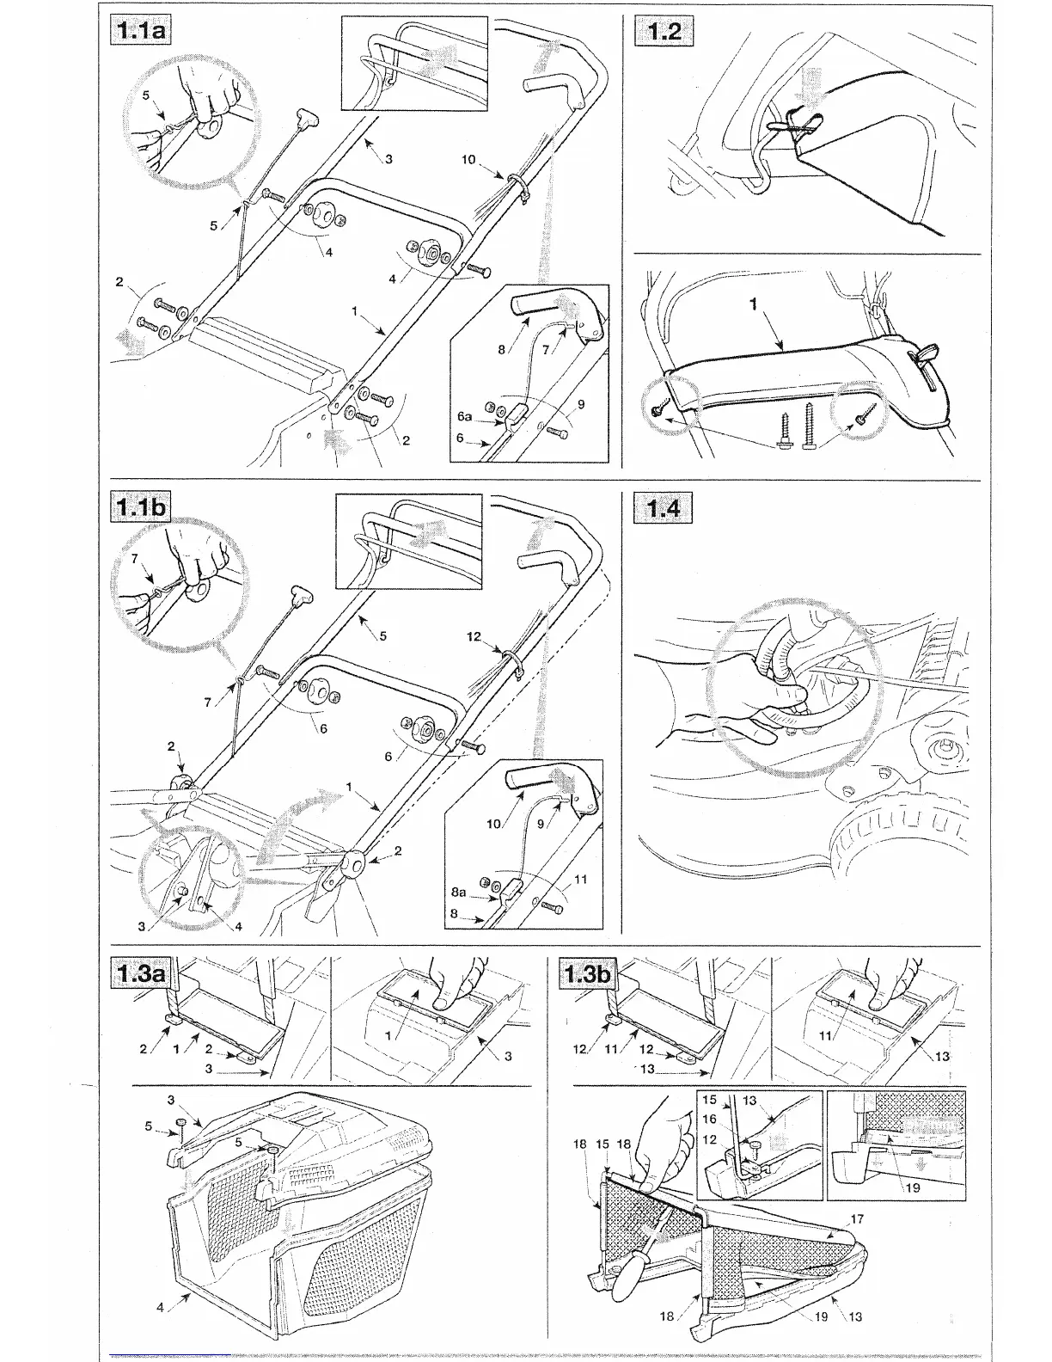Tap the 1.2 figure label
click(x=664, y=32)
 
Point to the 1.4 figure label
click(x=664, y=508)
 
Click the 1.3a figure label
click(x=142, y=973)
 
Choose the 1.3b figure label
click(x=589, y=973)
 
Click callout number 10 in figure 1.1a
click(x=468, y=160)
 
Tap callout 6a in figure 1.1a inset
click(x=465, y=416)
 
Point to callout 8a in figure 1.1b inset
click(x=459, y=893)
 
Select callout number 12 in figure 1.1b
click(x=474, y=637)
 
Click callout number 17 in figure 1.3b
click(x=856, y=1218)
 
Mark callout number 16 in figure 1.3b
click(x=709, y=1119)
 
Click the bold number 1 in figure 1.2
click(x=753, y=304)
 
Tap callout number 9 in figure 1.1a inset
click(x=582, y=404)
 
